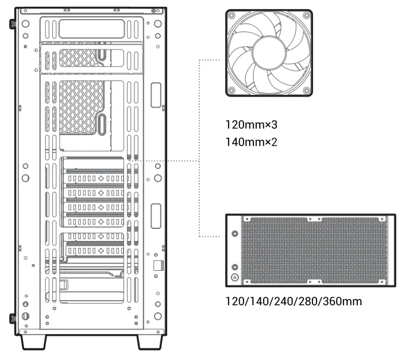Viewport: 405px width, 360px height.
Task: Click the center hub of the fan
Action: point(269,53)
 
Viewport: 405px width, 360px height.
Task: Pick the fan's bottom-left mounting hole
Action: point(231,91)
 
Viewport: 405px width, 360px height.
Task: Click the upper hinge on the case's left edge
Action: point(12,25)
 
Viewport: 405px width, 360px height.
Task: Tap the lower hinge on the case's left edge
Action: point(12,318)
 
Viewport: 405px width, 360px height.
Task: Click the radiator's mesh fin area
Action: point(313,251)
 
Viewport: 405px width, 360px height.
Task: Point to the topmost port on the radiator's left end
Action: point(234,234)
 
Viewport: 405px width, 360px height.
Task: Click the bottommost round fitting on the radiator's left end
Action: point(234,277)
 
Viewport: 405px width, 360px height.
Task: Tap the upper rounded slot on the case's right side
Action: point(156,94)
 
